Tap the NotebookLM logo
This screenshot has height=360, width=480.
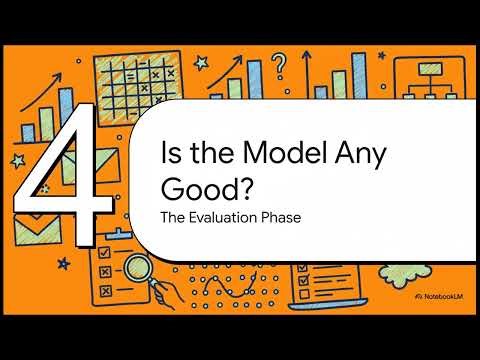(438, 298)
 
